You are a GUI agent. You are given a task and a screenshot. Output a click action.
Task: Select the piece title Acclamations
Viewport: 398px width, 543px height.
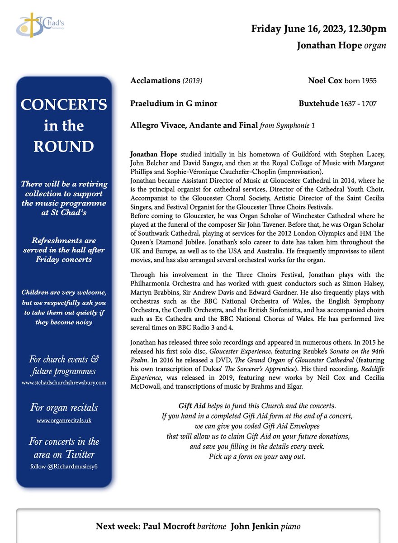point(155,81)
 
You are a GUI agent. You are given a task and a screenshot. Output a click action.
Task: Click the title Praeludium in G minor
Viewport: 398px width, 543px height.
point(174,103)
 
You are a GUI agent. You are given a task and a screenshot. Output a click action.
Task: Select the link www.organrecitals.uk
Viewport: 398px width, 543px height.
point(64,420)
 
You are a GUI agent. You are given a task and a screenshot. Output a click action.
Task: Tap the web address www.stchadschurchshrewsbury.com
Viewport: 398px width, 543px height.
point(64,382)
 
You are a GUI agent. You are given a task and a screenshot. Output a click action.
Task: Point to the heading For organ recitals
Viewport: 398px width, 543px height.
point(64,408)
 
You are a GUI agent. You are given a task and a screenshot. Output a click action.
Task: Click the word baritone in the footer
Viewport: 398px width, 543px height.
point(212,526)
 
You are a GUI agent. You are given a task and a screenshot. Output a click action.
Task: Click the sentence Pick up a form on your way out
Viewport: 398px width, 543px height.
point(257,457)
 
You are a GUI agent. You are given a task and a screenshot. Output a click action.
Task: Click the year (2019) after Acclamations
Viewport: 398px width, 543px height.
point(192,81)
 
